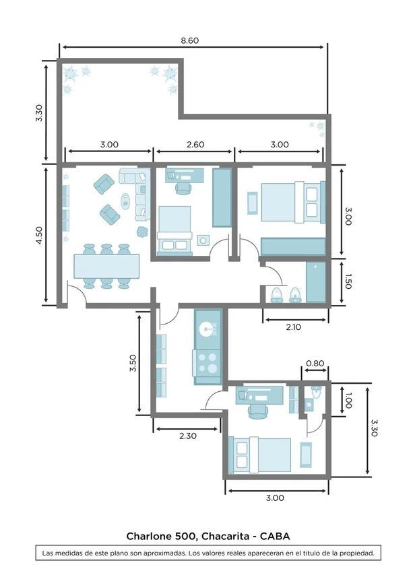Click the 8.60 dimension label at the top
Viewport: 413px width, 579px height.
pyautogui.click(x=189, y=40)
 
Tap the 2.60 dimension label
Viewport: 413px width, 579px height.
pyautogui.click(x=195, y=144)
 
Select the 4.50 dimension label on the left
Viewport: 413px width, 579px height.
pyautogui.click(x=39, y=235)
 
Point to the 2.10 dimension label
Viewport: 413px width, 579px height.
pyautogui.click(x=293, y=327)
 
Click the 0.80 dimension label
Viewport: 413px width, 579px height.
pyautogui.click(x=315, y=364)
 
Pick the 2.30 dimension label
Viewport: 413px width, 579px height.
pyautogui.click(x=188, y=436)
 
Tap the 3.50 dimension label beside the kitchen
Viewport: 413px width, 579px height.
pyautogui.click(x=133, y=363)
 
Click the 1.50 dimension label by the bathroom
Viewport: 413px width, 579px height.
pyautogui.click(x=348, y=281)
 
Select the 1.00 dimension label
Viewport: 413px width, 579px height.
pyautogui.click(x=348, y=401)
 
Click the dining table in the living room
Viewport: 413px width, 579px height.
pyautogui.click(x=106, y=266)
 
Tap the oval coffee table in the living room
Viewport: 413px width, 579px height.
pyautogui.click(x=126, y=201)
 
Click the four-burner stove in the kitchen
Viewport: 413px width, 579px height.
pyautogui.click(x=208, y=363)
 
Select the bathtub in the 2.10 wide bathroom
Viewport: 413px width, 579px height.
pyautogui.click(x=316, y=281)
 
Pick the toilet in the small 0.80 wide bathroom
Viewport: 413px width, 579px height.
pyautogui.click(x=316, y=392)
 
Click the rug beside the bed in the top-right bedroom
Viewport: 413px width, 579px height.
pyautogui.click(x=253, y=203)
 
